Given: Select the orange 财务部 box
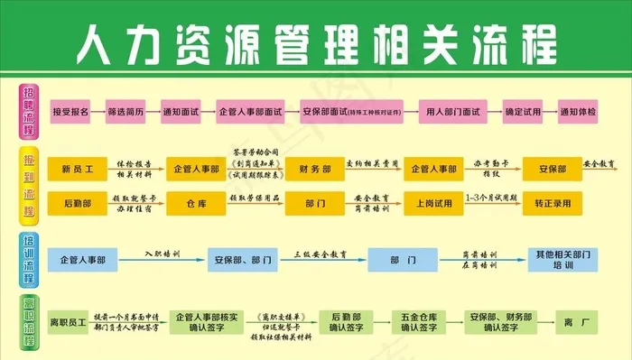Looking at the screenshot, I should (313, 169).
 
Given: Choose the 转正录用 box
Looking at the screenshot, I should (553, 203).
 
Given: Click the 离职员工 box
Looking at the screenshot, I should (67, 321).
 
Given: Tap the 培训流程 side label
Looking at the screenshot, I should (28, 260).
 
